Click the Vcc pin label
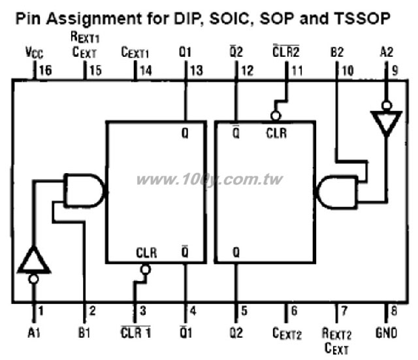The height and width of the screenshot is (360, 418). click(x=35, y=52)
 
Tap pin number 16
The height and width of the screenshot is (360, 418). click(x=45, y=71)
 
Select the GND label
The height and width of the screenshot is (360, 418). click(x=386, y=333)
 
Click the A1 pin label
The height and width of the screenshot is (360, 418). click(x=34, y=333)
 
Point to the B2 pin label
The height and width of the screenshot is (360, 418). click(x=337, y=52)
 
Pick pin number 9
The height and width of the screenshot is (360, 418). click(x=394, y=71)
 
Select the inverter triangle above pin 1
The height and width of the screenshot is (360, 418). click(x=34, y=261)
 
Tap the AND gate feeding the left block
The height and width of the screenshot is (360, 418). click(x=85, y=191)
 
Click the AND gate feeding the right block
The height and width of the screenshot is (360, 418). click(x=336, y=192)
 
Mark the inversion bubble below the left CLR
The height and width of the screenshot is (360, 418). click(x=146, y=270)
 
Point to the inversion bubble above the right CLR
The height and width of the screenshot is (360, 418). click(x=276, y=116)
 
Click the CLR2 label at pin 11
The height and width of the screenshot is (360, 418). click(x=286, y=51)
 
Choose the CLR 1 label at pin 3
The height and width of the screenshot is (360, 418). click(x=136, y=333)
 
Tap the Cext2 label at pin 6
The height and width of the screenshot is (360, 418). click(x=287, y=333)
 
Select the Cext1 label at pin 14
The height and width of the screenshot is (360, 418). click(x=135, y=52)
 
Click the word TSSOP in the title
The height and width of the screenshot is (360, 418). click(x=362, y=18)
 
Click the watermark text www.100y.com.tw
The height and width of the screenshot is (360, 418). click(x=210, y=180)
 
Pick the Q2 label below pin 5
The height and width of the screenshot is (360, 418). click(x=236, y=333)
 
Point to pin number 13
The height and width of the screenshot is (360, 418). click(x=197, y=71)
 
